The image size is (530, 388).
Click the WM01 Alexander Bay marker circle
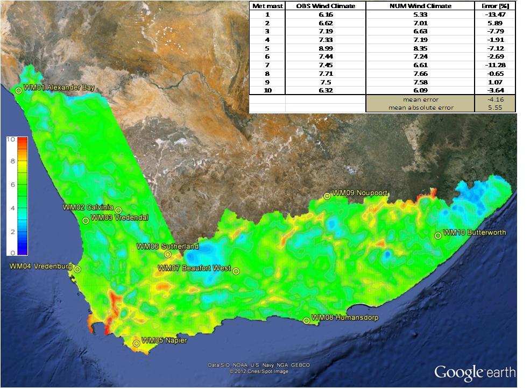pyautogui.click(x=19, y=90)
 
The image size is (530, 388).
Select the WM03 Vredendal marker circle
pyautogui.click(x=86, y=220)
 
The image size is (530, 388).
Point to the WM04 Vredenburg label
pyautogui.click(x=40, y=266)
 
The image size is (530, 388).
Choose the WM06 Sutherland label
pyautogui.click(x=167, y=246)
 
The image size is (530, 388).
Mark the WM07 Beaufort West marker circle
pyautogui.click(x=236, y=271)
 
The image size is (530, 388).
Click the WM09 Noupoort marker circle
pyautogui.click(x=327, y=196)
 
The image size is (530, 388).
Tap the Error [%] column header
pyautogui.click(x=495, y=6)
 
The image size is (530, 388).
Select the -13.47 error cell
pyautogui.click(x=495, y=15)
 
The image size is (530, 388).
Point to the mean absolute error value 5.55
pyautogui.click(x=495, y=107)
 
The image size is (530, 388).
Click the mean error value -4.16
pyautogui.click(x=495, y=99)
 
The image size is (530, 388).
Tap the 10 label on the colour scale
pyautogui.click(x=10, y=139)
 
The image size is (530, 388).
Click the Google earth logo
pyautogui.click(x=475, y=372)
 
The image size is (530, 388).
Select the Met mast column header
pyautogui.click(x=267, y=6)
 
